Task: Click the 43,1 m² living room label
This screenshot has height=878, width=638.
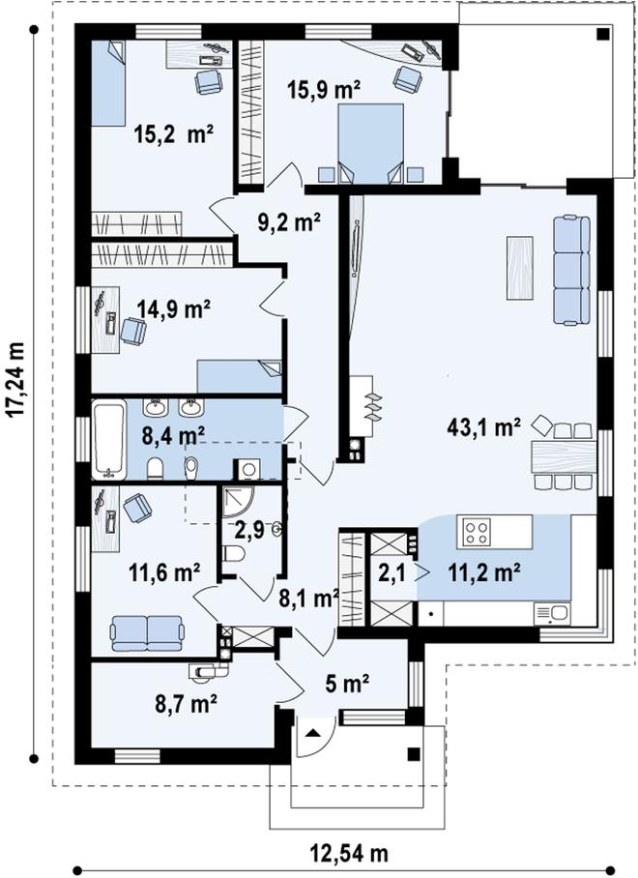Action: pyautogui.click(x=483, y=426)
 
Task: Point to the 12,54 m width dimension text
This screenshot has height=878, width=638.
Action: pyautogui.click(x=349, y=855)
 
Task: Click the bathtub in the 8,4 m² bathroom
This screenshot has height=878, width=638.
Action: pyautogui.click(x=108, y=440)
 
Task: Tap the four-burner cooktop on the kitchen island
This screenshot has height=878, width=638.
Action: pyautogui.click(x=475, y=531)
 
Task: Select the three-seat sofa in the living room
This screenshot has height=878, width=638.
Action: pyautogui.click(x=571, y=270)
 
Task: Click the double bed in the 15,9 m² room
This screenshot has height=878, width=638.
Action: pyautogui.click(x=370, y=143)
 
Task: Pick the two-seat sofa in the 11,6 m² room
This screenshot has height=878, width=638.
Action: pyautogui.click(x=147, y=633)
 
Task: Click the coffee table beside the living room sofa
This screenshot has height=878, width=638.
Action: pyautogui.click(x=519, y=268)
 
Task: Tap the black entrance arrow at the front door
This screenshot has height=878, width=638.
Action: pyautogui.click(x=312, y=732)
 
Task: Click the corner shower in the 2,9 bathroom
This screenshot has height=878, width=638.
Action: pyautogui.click(x=237, y=503)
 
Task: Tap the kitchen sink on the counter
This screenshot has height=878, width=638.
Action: pyautogui.click(x=552, y=614)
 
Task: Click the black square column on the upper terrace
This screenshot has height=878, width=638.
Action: pyautogui.click(x=602, y=34)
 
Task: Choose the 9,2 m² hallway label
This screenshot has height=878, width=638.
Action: pyautogui.click(x=289, y=222)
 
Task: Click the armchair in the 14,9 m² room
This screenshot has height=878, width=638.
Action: pyautogui.click(x=133, y=331)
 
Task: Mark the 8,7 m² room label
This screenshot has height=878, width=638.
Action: pyautogui.click(x=186, y=704)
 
